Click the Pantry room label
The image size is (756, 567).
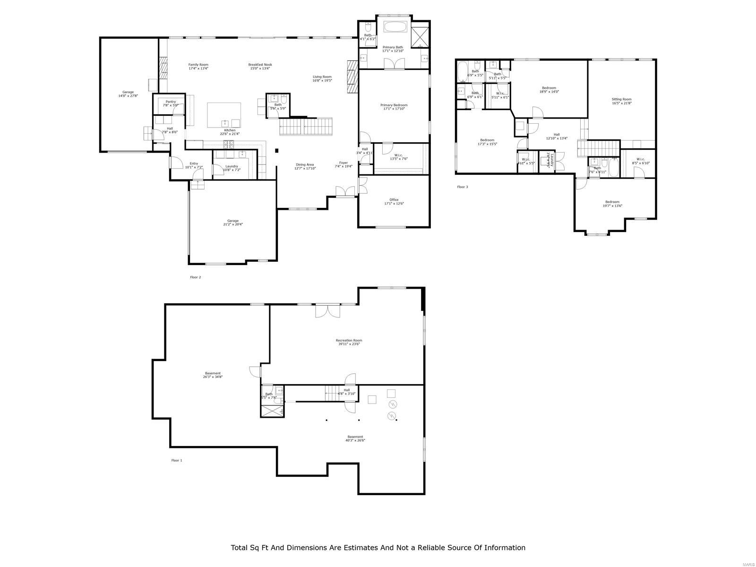[x=171, y=102]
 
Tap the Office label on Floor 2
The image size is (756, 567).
[x=394, y=199]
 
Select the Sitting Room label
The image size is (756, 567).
[x=621, y=99]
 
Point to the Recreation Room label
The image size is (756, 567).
[x=349, y=340]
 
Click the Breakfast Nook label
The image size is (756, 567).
[x=260, y=65]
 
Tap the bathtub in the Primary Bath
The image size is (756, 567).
[x=396, y=26]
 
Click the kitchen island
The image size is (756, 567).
[x=224, y=115]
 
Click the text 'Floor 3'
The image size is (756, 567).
[x=462, y=187]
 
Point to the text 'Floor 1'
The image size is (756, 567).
[x=176, y=460]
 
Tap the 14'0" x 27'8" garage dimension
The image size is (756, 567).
[x=128, y=96]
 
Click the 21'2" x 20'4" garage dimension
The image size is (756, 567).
[x=233, y=224]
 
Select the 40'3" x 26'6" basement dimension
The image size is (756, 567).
[x=355, y=440]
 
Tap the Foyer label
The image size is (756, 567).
[x=344, y=163]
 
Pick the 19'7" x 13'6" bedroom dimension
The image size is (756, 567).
[x=612, y=206]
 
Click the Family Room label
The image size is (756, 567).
[x=198, y=65]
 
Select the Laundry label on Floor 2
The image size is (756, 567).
[x=232, y=166]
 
